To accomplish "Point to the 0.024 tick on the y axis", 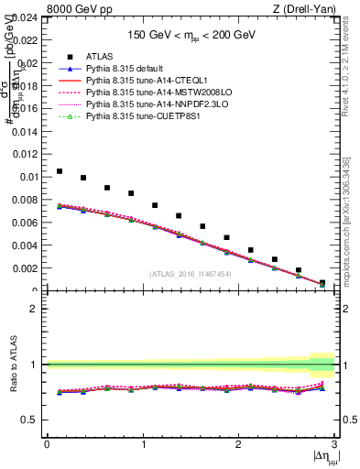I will pos(25,17).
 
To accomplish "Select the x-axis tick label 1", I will pos(142,443).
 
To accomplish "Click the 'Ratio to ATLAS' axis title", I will pos(13,365).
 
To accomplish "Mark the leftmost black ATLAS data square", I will pos(60,171).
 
